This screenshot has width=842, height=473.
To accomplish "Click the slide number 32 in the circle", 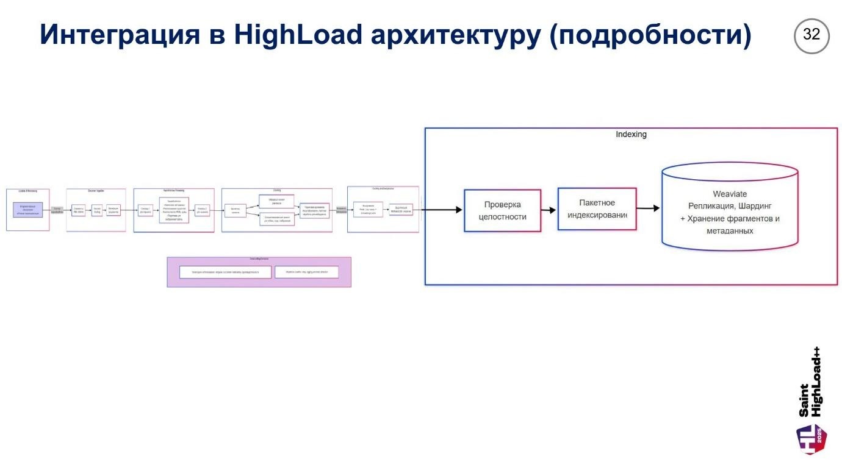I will [811, 35].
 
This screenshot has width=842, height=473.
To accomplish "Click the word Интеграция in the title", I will [120, 35].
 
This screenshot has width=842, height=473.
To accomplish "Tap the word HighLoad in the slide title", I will [298, 35].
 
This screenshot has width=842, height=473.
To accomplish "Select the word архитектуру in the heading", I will [456, 35].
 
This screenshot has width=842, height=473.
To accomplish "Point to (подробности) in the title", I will [650, 35].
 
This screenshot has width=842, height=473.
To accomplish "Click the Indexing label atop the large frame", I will [631, 134].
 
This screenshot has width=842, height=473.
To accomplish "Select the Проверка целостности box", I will [502, 210].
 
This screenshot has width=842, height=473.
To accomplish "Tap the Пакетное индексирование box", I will [597, 208].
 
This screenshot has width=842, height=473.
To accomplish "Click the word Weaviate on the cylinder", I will [730, 194].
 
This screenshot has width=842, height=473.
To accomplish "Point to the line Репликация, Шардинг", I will [730, 206].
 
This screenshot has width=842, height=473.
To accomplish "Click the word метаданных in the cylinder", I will [730, 231].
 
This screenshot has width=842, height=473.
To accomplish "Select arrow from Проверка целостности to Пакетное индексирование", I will [549, 210].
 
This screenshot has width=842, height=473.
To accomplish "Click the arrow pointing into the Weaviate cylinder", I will [649, 208].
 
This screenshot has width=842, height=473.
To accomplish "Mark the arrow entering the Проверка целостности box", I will [442, 210].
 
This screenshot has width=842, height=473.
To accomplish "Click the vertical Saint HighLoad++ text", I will [811, 383].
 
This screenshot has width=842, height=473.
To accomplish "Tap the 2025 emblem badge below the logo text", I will [811, 439].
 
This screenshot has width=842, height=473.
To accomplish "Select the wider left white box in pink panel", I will [225, 272].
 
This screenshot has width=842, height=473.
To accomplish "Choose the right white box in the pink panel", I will [306, 272].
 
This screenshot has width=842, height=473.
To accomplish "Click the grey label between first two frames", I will [57, 210].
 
